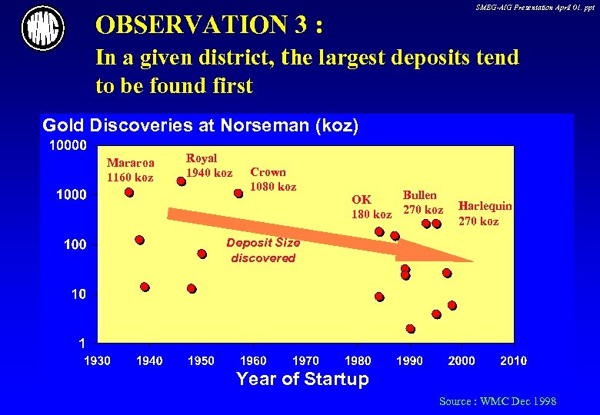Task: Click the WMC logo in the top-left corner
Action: [43, 28]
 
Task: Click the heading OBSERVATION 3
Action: [208, 25]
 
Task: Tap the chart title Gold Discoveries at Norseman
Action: [200, 125]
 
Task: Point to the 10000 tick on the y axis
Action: [68, 145]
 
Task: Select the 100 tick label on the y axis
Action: [75, 245]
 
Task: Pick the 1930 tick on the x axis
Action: [97, 360]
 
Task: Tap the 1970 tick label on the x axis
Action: [305, 360]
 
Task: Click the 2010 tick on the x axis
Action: [513, 360]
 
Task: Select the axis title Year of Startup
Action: [302, 379]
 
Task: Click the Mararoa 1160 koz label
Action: [130, 170]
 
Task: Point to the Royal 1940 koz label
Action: [208, 165]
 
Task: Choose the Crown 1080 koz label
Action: [273, 179]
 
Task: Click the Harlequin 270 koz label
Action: [485, 214]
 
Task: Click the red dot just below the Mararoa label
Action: [128, 193]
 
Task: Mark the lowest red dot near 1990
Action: [410, 329]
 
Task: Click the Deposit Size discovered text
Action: [263, 251]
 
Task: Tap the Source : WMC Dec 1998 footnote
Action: [497, 401]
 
